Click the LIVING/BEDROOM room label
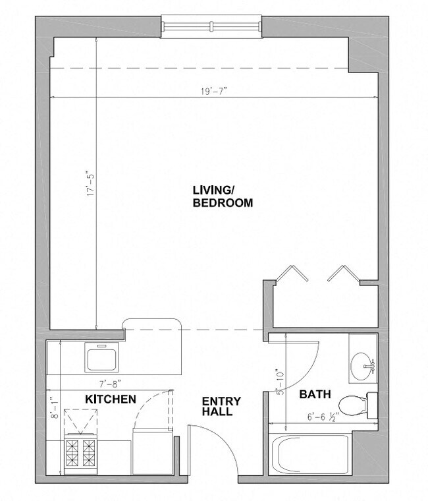222,196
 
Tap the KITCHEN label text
111,399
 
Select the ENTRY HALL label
221,406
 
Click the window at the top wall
212,26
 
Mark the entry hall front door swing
212,448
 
